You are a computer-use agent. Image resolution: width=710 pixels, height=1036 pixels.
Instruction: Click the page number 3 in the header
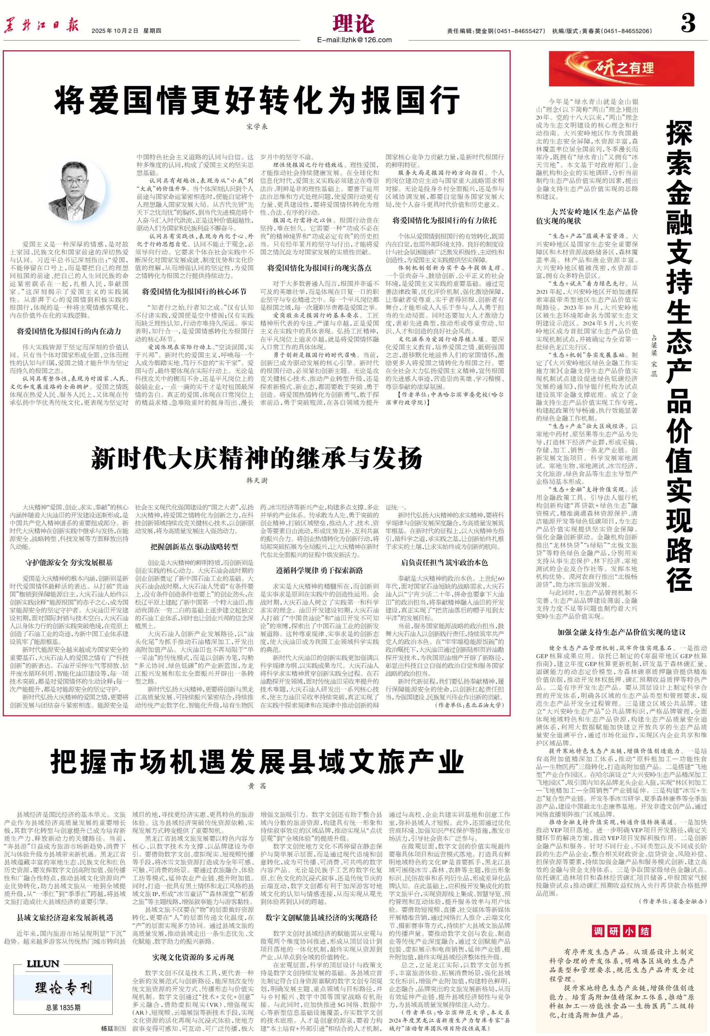click(x=688, y=23)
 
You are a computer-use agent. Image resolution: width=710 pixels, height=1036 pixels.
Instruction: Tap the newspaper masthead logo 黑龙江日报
click(x=42, y=26)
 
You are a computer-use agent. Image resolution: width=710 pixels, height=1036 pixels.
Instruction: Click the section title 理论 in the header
click(x=354, y=23)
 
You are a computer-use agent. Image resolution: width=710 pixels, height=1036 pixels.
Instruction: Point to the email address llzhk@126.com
click(x=355, y=40)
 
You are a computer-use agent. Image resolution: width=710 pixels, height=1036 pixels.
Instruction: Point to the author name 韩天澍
click(x=257, y=480)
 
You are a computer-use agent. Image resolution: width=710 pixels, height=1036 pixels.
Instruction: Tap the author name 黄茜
click(x=257, y=785)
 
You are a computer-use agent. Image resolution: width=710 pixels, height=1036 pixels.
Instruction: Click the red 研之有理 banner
click(x=621, y=68)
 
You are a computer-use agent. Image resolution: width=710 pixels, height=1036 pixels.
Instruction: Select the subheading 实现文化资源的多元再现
click(x=193, y=957)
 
